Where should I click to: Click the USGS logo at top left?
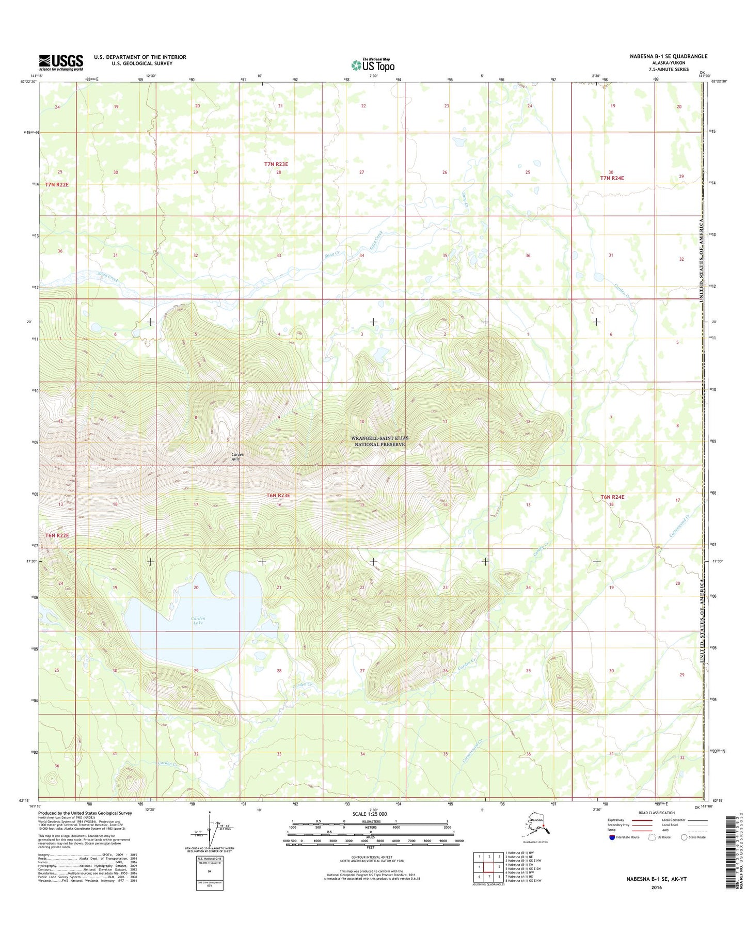tap(61, 62)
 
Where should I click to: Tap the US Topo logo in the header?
tap(373, 65)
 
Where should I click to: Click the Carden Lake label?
tap(198, 621)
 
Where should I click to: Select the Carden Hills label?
tap(236, 456)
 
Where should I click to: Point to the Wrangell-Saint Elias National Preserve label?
tap(379, 441)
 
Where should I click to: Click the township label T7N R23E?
tap(276, 164)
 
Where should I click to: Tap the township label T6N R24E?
tap(612, 497)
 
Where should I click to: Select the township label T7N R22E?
tap(56, 184)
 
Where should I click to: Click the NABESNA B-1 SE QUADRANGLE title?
tap(668, 56)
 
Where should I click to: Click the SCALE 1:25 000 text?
tap(369, 814)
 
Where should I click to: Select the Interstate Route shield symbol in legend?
tap(612, 837)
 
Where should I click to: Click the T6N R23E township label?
tap(278, 496)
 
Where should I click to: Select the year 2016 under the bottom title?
tap(656, 887)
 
